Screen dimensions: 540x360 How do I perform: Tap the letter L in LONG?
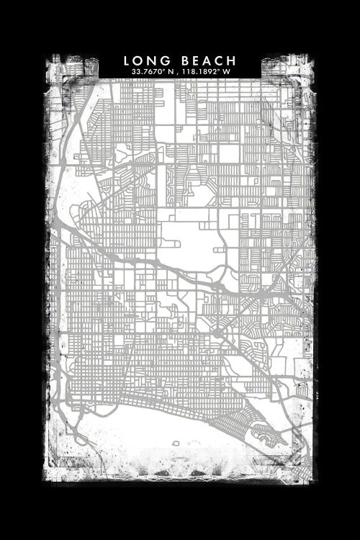coord(127,60)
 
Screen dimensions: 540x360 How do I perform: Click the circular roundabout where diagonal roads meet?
coord(217,334)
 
